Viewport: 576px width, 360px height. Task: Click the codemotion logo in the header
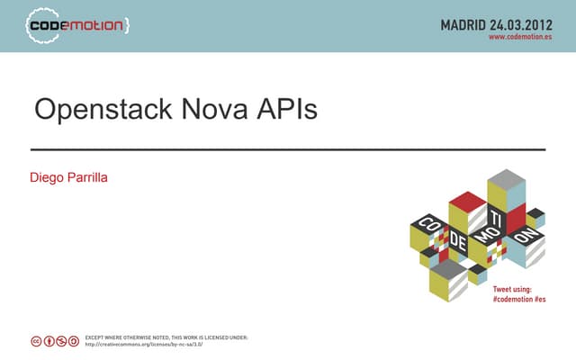point(76,25)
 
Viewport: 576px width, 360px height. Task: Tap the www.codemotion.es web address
point(520,39)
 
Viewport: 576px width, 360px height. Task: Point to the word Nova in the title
point(215,110)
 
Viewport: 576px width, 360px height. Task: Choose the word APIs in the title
point(286,110)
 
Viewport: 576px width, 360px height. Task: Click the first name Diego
point(48,177)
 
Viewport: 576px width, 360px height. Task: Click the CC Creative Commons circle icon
point(36,341)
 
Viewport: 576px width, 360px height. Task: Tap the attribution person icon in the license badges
point(49,341)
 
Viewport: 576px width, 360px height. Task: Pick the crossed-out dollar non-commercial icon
point(61,341)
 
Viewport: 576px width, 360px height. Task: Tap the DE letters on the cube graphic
point(458,241)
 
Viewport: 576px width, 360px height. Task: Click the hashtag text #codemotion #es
point(519,298)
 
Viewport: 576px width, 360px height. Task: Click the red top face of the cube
point(467,200)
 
